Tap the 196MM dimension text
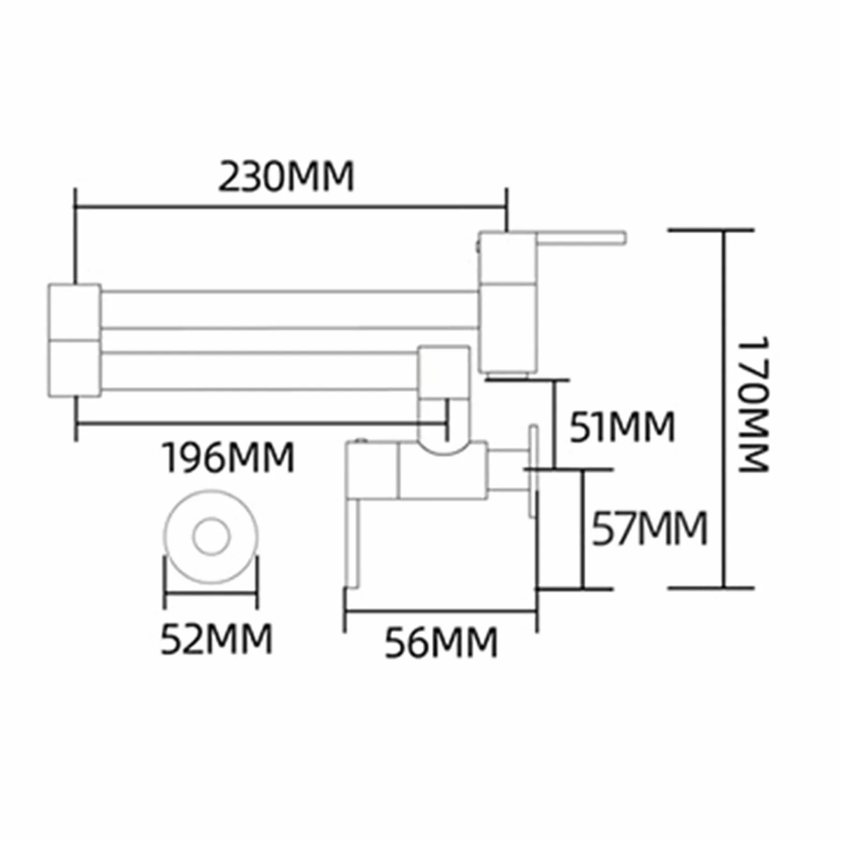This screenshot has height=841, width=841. pyautogui.click(x=228, y=457)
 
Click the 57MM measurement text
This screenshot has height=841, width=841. pyautogui.click(x=650, y=528)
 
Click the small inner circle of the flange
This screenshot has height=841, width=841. pyautogui.click(x=211, y=536)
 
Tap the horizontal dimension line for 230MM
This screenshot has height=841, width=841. pyautogui.click(x=290, y=206)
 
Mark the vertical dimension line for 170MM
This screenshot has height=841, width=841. pyautogui.click(x=724, y=409)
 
